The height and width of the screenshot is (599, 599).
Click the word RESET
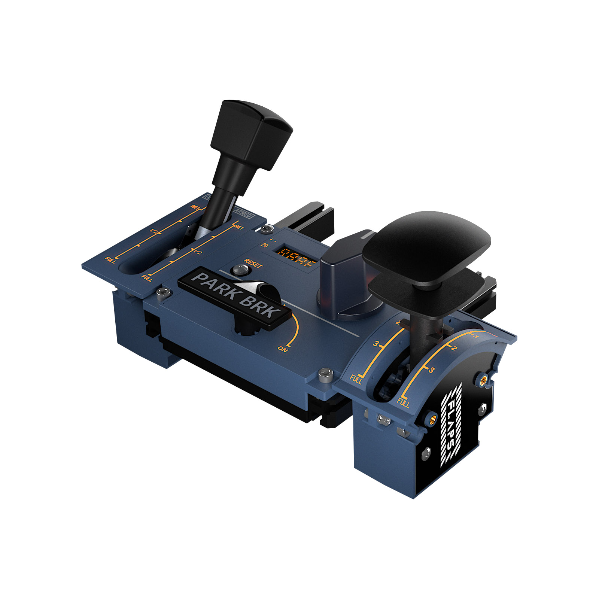[253, 263]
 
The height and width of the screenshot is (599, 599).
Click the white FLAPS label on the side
[451, 425]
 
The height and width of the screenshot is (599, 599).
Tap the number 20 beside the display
[264, 245]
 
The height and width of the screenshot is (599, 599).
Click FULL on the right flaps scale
[403, 403]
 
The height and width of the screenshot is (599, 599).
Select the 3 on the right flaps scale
[432, 370]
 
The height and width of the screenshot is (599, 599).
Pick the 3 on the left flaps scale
[376, 344]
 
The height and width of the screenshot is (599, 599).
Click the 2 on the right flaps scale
[454, 348]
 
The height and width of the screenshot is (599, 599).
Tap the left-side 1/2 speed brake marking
[153, 231]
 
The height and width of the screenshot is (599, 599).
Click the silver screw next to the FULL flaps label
[325, 374]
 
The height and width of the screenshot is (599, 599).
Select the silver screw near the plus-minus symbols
[267, 229]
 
